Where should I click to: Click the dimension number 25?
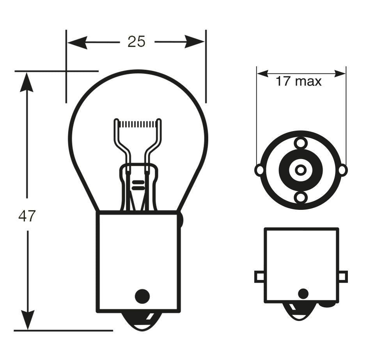[x=136, y=41]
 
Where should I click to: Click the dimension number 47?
[x=27, y=216]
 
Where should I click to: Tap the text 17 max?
[x=299, y=82]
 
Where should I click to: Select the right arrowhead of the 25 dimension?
[x=195, y=41]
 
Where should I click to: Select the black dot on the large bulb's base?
[x=142, y=296]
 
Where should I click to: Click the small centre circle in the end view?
[x=301, y=170]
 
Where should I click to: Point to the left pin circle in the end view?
[x=259, y=170]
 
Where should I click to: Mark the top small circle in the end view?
[x=301, y=143]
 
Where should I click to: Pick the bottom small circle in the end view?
[x=301, y=197]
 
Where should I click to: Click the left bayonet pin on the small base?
[x=260, y=277]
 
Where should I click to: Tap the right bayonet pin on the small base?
[x=342, y=277]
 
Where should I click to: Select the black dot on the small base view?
[x=303, y=294]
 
